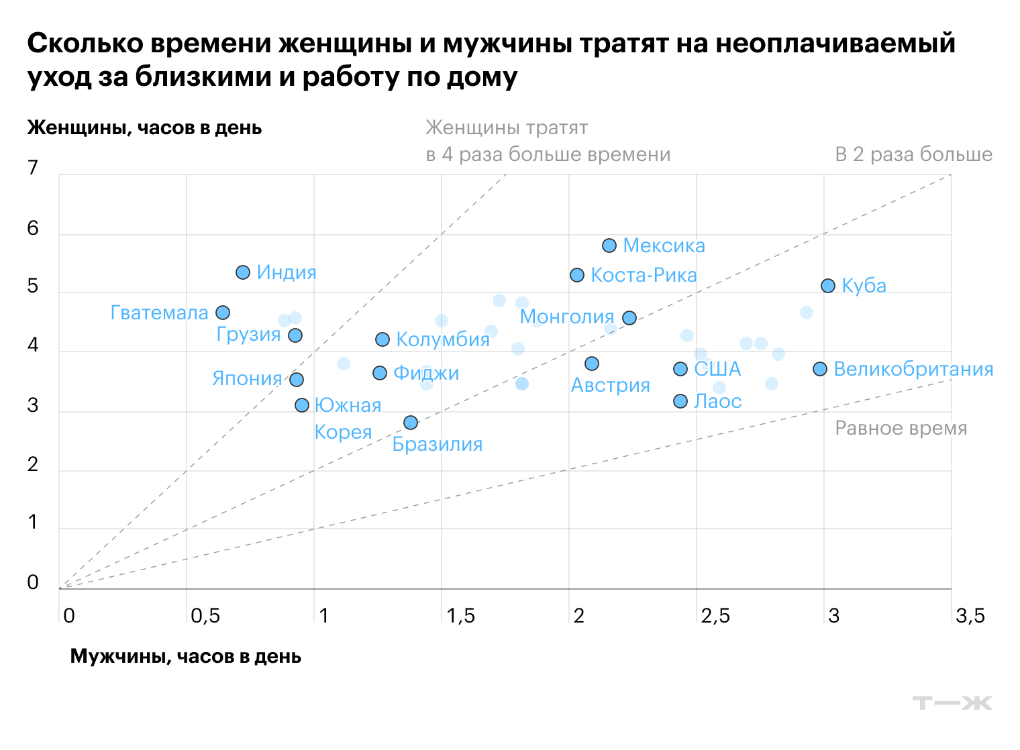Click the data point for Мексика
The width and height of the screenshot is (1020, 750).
click(609, 246)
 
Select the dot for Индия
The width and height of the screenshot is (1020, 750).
click(243, 272)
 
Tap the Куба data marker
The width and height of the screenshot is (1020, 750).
click(828, 286)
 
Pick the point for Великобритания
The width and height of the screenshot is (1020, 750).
click(820, 369)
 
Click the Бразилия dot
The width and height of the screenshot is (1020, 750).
click(411, 423)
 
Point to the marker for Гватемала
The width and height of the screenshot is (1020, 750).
click(223, 313)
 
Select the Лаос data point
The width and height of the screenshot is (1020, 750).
click(680, 401)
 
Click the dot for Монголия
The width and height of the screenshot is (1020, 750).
click(629, 318)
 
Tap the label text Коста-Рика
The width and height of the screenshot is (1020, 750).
click(644, 275)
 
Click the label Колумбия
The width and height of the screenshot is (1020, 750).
click(443, 339)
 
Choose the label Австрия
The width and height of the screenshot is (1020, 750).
click(610, 385)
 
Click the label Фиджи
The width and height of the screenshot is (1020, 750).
click(426, 373)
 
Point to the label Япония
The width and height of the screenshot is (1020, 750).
click(247, 379)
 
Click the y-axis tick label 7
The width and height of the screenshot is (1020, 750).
click(33, 168)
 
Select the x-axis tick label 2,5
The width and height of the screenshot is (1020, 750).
click(715, 616)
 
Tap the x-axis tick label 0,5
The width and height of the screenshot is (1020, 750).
click(205, 616)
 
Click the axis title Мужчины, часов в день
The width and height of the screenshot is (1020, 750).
click(186, 656)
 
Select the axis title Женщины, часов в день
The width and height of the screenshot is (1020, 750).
click(144, 128)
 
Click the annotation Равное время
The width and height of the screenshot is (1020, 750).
click(901, 428)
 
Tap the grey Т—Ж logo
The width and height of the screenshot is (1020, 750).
click(952, 703)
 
